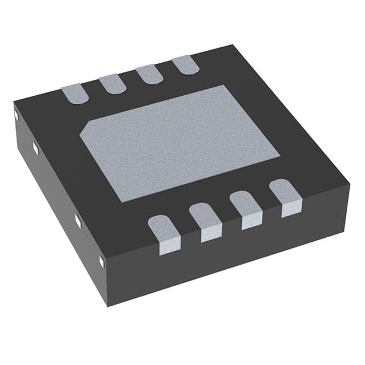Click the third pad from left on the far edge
click(x=149, y=75)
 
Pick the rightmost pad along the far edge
click(x=185, y=66)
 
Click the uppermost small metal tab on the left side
click(x=15, y=116)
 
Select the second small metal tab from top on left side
click(x=36, y=148)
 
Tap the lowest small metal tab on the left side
click(x=102, y=261)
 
